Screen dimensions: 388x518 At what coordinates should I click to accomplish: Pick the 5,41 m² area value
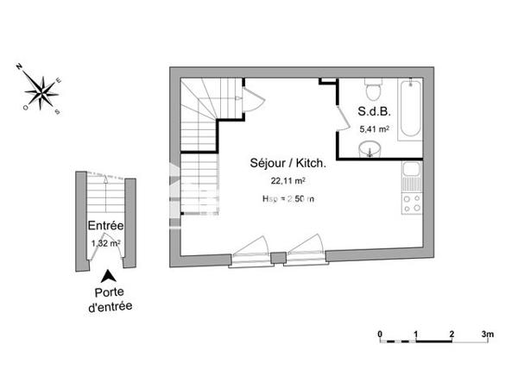(x=374, y=128)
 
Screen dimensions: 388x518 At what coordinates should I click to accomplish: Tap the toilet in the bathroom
(x=374, y=89)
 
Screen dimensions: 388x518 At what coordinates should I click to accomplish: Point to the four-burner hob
(x=411, y=204)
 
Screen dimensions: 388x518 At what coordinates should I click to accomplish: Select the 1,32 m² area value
(x=105, y=243)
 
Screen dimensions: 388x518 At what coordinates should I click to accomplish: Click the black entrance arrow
(x=108, y=277)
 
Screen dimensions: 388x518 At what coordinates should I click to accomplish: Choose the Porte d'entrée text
(x=109, y=298)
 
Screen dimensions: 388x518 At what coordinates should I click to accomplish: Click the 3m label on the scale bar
(x=487, y=333)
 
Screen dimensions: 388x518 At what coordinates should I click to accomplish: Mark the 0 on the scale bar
(x=379, y=333)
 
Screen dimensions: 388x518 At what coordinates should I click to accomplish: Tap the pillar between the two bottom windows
(x=277, y=258)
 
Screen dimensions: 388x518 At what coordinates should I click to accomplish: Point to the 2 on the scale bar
(x=452, y=333)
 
